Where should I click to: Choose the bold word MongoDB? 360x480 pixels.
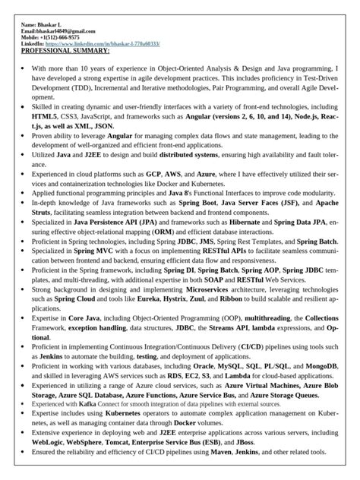tap(314, 366)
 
